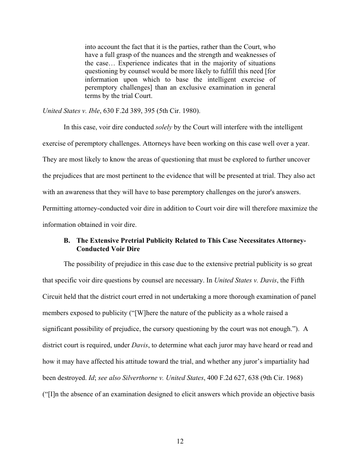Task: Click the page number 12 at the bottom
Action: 180,441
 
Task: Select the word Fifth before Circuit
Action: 306,280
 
